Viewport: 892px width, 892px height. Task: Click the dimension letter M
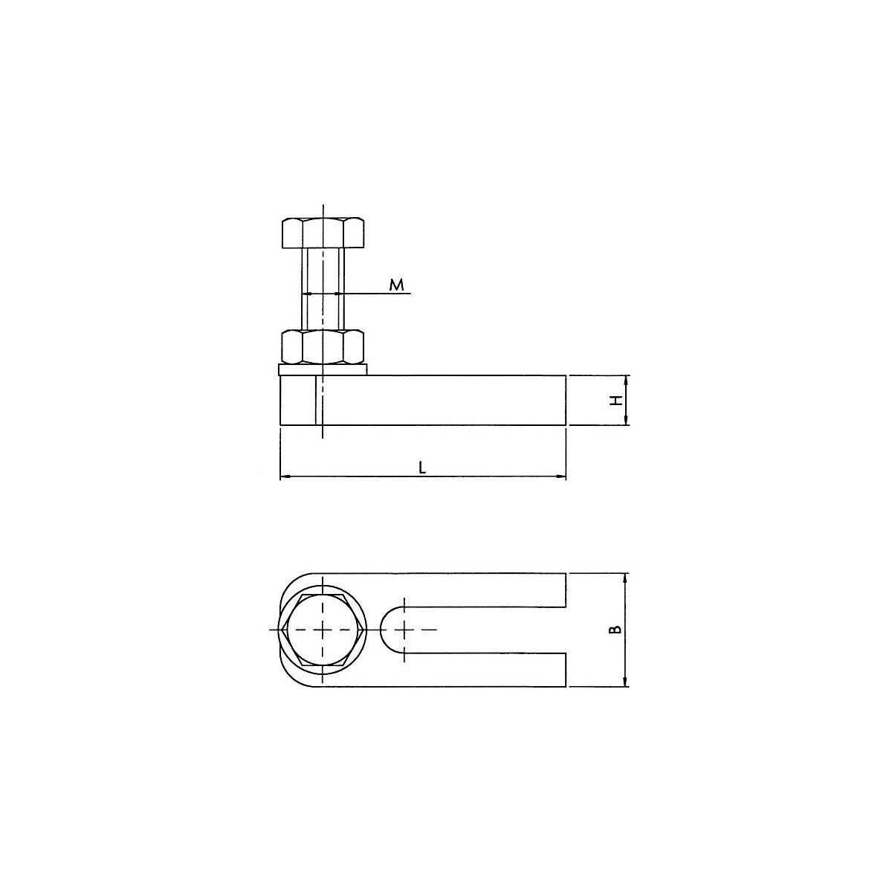click(x=396, y=285)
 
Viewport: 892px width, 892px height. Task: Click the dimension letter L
click(x=421, y=468)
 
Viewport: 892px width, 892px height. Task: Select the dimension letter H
click(x=615, y=401)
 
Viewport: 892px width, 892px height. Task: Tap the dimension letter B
click(x=615, y=630)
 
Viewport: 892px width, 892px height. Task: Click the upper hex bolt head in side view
click(x=323, y=233)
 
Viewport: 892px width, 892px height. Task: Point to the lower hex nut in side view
click(x=323, y=346)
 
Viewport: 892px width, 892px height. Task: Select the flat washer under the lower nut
click(x=323, y=369)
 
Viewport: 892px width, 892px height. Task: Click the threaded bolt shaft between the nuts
click(x=323, y=289)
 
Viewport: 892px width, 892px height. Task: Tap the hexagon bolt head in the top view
click(x=323, y=630)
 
